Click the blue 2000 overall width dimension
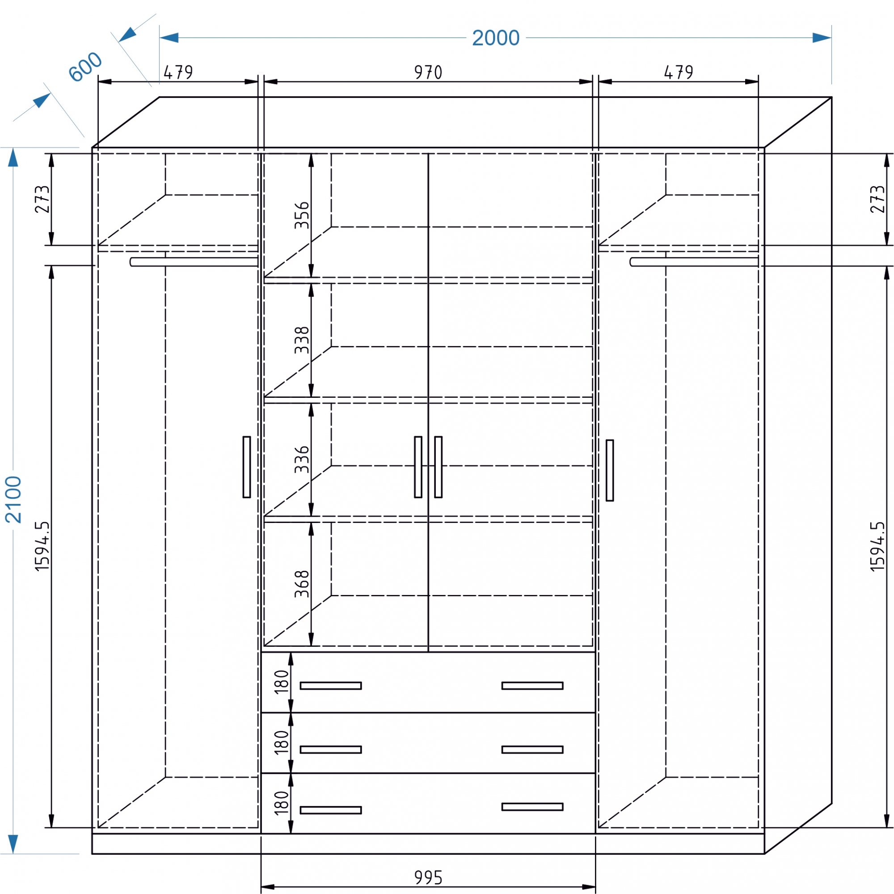496,38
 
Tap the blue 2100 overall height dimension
13,500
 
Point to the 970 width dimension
428,72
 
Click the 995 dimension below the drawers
428,878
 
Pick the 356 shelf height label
302,215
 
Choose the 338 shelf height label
302,340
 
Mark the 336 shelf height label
302,460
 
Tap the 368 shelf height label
302,584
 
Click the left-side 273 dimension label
42,199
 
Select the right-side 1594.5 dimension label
877,547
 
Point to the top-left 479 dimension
178,72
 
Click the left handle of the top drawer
331,686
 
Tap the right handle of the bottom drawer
532,807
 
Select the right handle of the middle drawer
532,750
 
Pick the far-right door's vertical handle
610,470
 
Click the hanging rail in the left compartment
194,262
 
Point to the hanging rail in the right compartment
694,262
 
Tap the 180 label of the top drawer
281,682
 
